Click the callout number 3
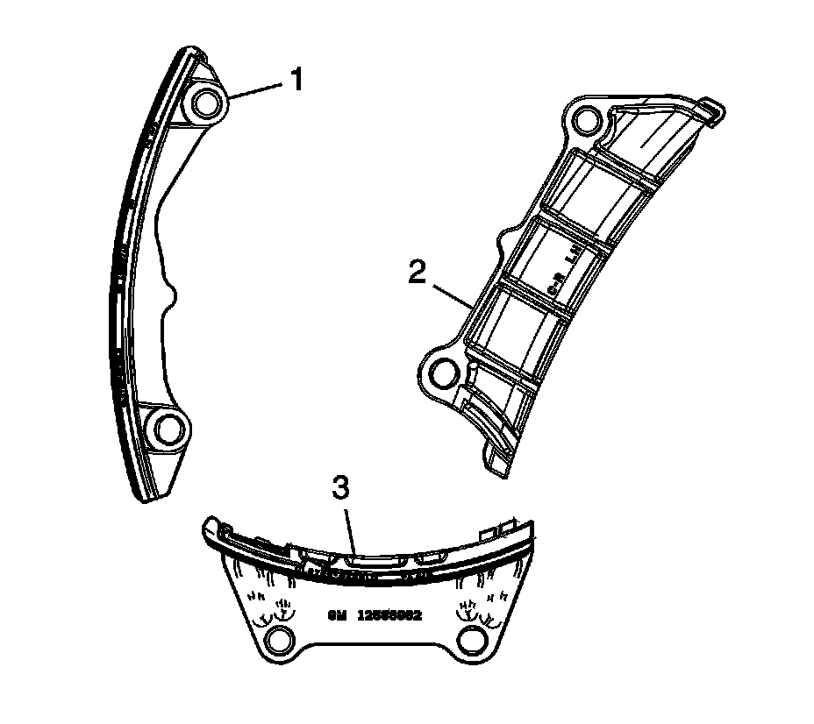342,487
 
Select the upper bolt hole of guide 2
585,120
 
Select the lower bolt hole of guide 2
445,373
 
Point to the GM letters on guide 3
339,615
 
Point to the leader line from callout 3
348,526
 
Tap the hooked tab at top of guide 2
715,109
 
